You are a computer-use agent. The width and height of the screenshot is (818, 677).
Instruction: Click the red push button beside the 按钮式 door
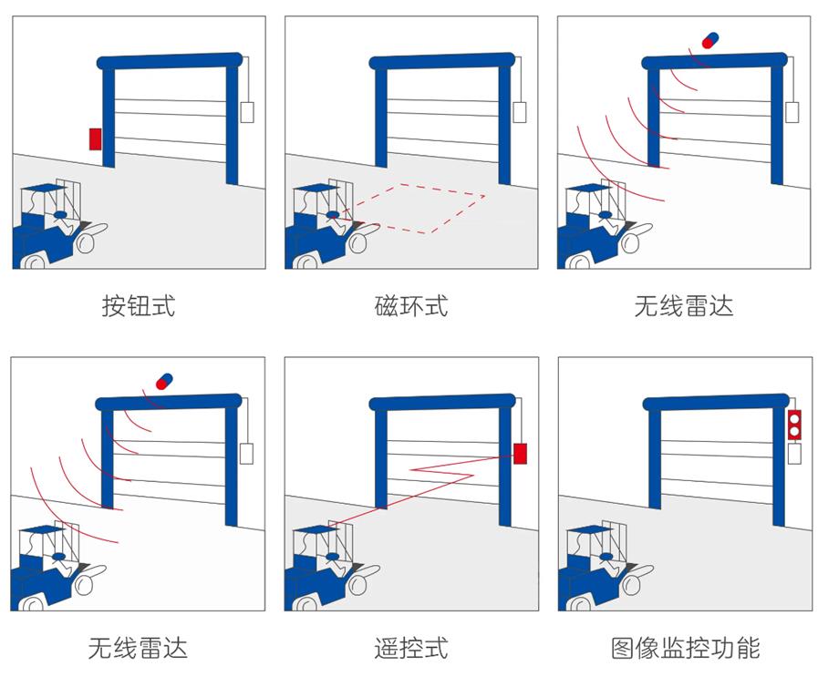[x=95, y=138]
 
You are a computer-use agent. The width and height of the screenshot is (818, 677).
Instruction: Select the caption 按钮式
[x=138, y=306]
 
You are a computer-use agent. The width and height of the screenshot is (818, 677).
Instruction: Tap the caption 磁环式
[x=410, y=306]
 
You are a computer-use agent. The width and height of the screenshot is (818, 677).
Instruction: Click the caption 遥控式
[x=410, y=648]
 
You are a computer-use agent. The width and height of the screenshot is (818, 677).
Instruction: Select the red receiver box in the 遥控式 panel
[x=520, y=453]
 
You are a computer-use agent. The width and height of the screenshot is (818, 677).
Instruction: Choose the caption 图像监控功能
[x=684, y=648]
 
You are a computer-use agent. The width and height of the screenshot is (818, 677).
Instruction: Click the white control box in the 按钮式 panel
[x=247, y=112]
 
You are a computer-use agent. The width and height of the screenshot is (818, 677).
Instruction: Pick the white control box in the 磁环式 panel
[x=520, y=112]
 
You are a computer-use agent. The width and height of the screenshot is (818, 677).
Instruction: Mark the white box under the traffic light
[x=793, y=453]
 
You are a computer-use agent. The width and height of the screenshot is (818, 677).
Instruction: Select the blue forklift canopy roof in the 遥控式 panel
[x=314, y=529]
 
